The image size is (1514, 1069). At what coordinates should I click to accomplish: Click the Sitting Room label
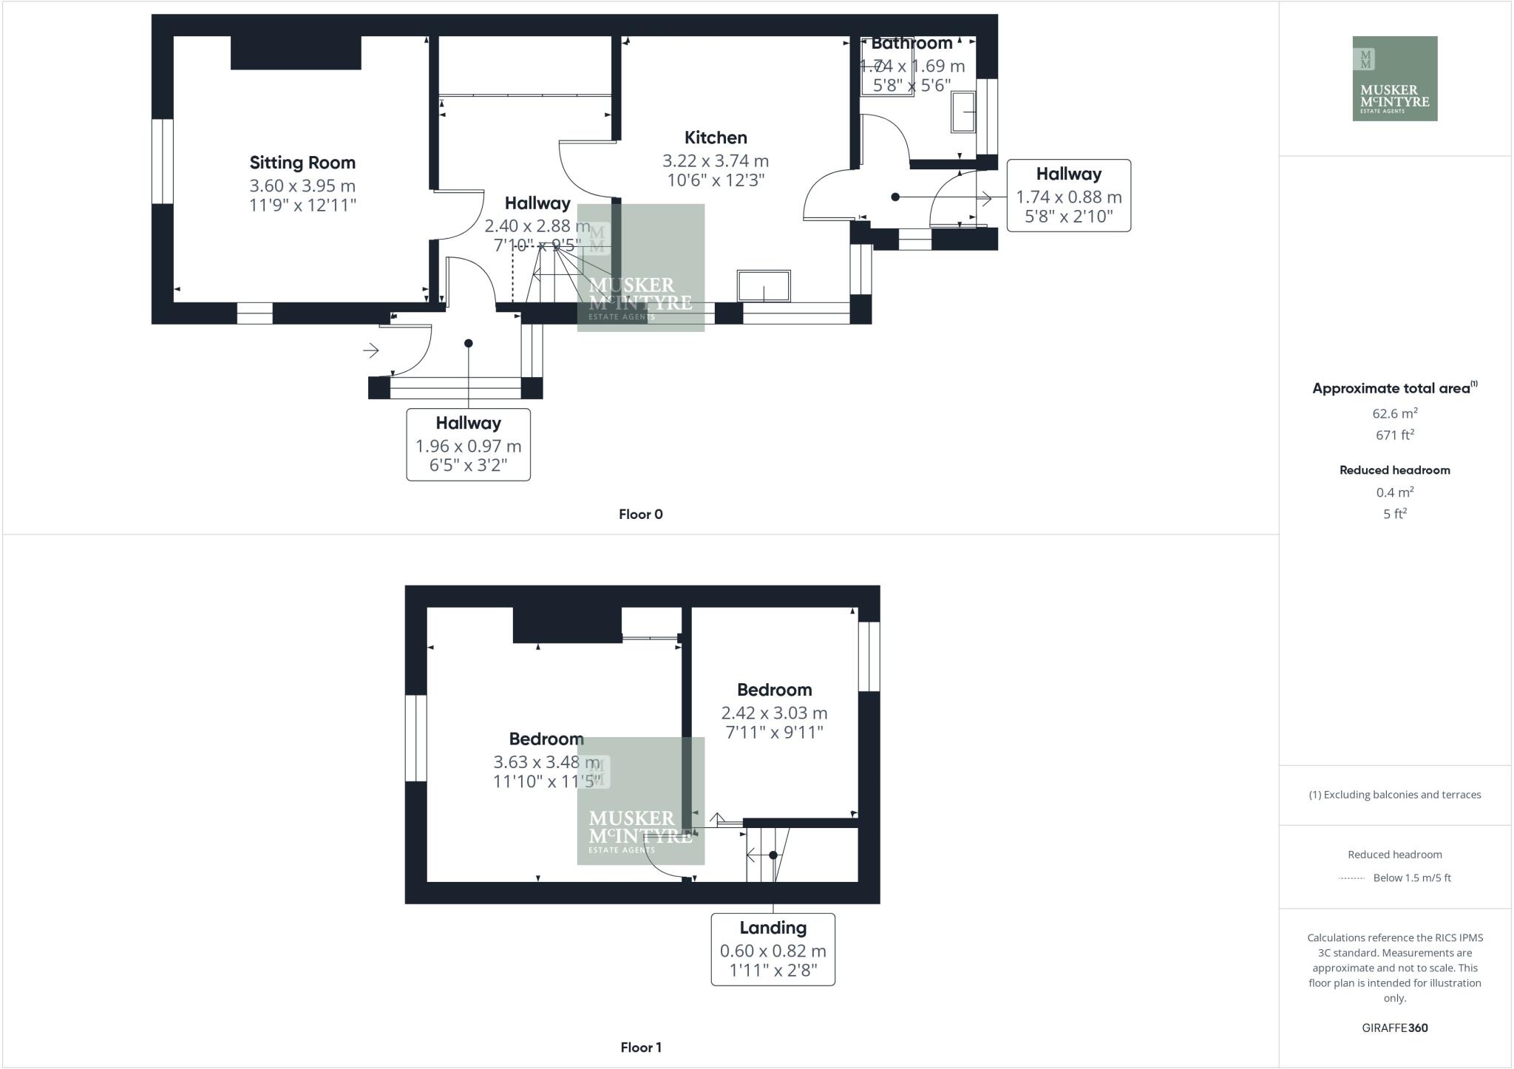302,163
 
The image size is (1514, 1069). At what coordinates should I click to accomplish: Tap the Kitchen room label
715,138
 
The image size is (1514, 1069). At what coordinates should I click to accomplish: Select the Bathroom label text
912,44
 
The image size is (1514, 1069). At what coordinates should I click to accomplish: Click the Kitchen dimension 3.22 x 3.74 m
715,160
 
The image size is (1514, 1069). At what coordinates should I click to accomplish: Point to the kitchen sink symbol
764,286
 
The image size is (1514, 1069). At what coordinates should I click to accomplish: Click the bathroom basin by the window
963,112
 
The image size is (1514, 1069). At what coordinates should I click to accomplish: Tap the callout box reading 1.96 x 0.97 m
468,444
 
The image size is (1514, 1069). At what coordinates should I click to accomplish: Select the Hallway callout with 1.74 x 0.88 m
1068,195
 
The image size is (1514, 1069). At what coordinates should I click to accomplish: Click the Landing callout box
773,949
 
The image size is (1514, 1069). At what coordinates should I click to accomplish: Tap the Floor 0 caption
640,515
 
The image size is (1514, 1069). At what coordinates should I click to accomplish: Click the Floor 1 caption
640,1048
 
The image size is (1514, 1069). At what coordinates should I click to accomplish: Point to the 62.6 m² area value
1394,413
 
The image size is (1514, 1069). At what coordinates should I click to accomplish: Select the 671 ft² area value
1394,435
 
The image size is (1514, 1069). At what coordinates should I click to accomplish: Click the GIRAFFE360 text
1394,1028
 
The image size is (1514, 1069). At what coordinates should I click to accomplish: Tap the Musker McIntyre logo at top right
1394,78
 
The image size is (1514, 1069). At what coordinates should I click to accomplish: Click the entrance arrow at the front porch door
371,350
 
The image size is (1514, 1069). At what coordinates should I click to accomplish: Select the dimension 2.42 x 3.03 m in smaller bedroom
774,713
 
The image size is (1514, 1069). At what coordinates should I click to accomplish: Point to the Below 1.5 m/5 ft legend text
1411,878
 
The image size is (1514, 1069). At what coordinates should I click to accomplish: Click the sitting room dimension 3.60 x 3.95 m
302,186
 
